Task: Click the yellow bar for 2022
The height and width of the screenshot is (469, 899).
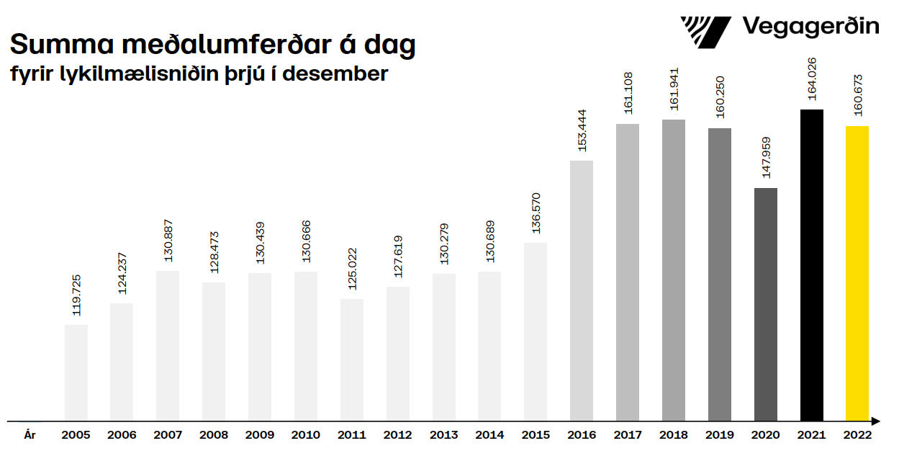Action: tap(857, 274)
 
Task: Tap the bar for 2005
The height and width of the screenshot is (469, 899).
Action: tap(76, 372)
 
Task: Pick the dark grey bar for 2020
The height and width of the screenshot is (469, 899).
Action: tap(766, 304)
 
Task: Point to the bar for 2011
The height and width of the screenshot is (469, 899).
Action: tap(352, 359)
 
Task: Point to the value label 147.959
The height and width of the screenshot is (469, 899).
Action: tap(766, 157)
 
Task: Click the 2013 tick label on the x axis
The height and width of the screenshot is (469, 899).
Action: tap(443, 435)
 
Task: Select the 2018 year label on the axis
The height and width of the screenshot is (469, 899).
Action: tap(674, 435)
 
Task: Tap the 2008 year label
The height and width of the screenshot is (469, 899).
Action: tap(214, 435)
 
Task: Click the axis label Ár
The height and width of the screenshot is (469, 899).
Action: tap(30, 435)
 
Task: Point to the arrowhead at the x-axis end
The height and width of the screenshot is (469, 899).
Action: tap(875, 421)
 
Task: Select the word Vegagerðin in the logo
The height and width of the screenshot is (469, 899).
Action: tap(810, 27)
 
